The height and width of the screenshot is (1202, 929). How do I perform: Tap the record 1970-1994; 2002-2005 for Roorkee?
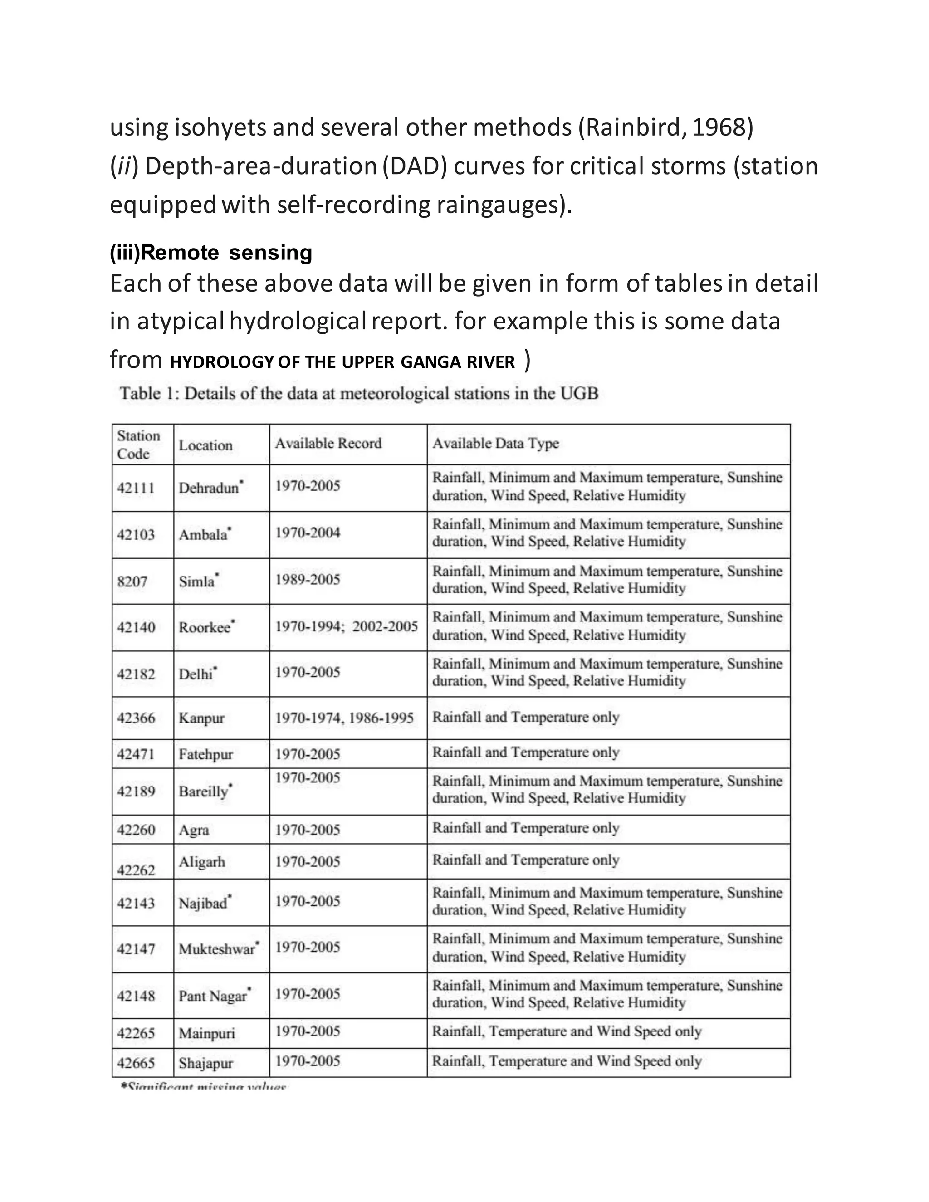346,626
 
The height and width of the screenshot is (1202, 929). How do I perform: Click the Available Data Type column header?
495,443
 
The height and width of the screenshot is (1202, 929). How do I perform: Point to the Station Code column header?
138,444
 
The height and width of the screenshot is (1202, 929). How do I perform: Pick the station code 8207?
132,581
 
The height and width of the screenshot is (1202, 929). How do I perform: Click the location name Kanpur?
201,718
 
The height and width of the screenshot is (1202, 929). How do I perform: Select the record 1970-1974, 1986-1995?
344,718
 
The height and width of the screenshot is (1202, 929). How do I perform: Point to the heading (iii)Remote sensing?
211,253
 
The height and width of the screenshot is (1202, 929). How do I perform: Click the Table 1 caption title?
359,394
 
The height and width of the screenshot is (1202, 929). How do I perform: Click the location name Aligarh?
201,861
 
